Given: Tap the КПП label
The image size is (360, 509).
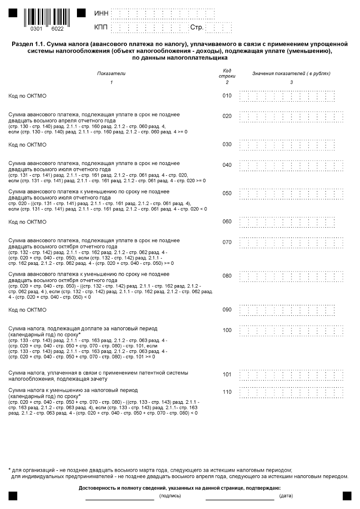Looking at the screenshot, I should [x=101, y=28].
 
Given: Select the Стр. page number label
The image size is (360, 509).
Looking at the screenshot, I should [x=197, y=28].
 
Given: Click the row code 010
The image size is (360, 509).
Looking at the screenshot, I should [x=227, y=96].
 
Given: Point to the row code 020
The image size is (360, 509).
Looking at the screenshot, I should [x=227, y=116].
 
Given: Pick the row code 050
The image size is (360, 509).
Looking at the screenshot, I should [x=227, y=193].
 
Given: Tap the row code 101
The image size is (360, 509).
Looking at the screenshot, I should [x=227, y=374].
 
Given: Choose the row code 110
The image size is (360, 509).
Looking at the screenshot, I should [x=227, y=392].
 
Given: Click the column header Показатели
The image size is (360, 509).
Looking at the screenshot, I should [x=111, y=73].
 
